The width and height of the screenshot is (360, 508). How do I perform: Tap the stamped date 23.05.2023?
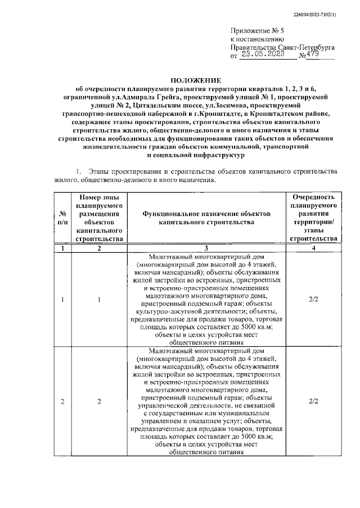pyautogui.click(x=263, y=55)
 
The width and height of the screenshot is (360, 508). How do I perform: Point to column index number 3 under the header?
pyautogui.click(x=206, y=248)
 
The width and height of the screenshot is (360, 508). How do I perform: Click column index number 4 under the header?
pyautogui.click(x=314, y=248)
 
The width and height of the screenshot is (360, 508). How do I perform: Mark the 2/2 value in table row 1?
pyautogui.click(x=314, y=299)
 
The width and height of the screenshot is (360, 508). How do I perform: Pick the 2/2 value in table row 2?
pyautogui.click(x=314, y=401)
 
